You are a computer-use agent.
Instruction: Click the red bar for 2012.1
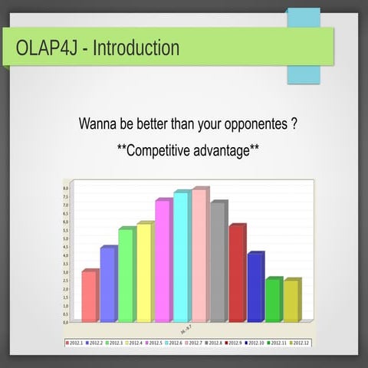pyautogui.click(x=90, y=297)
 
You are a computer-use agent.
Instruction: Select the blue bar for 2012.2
pyautogui.click(x=108, y=285)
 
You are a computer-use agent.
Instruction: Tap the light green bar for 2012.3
pyautogui.click(x=127, y=276)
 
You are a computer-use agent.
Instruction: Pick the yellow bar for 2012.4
pyautogui.click(x=145, y=273)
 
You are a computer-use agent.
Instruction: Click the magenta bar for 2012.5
pyautogui.click(x=163, y=261)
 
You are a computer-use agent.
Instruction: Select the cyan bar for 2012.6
pyautogui.click(x=182, y=258)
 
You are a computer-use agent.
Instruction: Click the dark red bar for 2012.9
pyautogui.click(x=237, y=274)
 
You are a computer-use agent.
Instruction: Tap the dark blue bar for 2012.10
pyautogui.click(x=255, y=287)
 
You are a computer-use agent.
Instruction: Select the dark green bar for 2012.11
pyautogui.click(x=274, y=301)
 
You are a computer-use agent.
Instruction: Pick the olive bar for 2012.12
pyautogui.click(x=291, y=301)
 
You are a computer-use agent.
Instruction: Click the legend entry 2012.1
pyautogui.click(x=74, y=343)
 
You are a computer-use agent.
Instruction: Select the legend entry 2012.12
pyautogui.click(x=299, y=343)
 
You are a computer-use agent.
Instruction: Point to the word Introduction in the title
pyautogui.click(x=136, y=48)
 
